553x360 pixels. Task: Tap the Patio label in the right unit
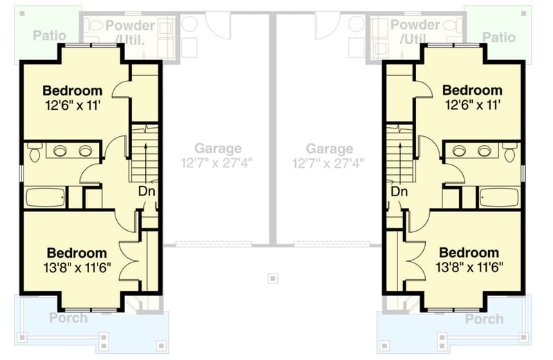coord(498,37)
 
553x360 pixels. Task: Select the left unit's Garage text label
coord(218,149)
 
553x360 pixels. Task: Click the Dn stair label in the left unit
coord(146,191)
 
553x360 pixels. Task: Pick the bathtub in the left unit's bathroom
coord(46,197)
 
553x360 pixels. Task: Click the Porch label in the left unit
coord(68,319)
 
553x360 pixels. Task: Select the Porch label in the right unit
coord(484,319)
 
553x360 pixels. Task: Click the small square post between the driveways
coord(273,278)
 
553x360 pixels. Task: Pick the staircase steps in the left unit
coord(143,152)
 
